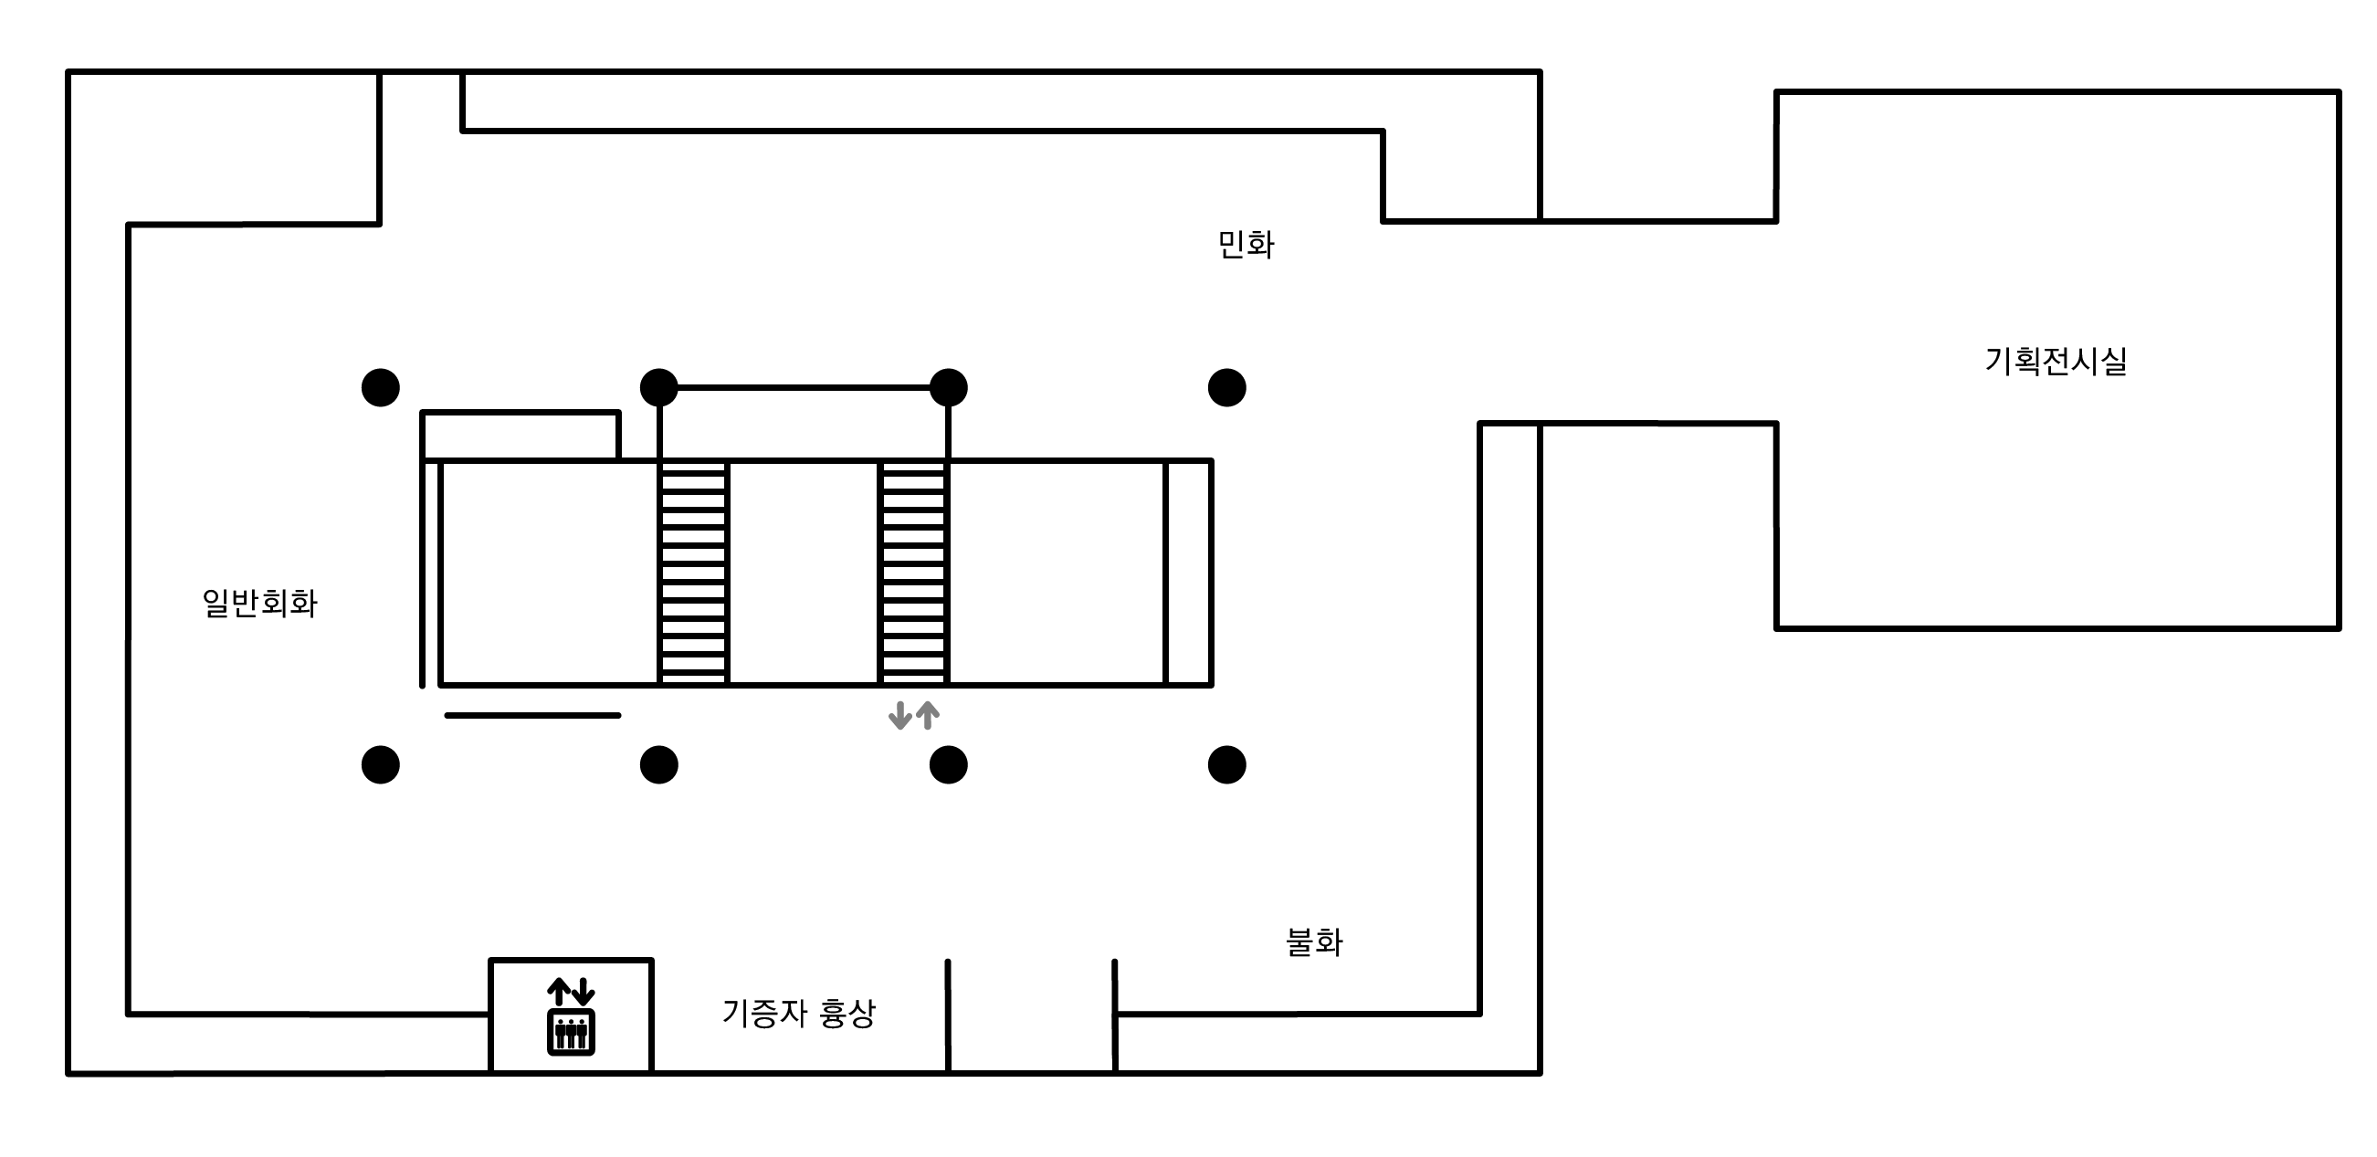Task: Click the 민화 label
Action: point(1246,246)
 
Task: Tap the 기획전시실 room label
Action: point(2056,361)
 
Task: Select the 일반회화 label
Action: point(259,604)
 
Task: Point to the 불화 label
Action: point(1314,942)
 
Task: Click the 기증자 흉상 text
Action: point(798,1014)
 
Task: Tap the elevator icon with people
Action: point(571,1032)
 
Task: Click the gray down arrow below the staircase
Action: point(899,715)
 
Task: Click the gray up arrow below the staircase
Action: point(928,715)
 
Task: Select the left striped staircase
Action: point(693,573)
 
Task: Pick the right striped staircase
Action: point(913,573)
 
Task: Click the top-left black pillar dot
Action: point(380,387)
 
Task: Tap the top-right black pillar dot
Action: point(1226,387)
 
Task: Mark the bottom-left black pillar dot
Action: point(380,765)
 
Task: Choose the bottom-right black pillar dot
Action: point(1226,765)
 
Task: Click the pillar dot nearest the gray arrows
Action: point(948,765)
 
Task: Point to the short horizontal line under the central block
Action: point(532,715)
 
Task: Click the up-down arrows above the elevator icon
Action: point(571,992)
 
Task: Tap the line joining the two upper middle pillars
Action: point(803,387)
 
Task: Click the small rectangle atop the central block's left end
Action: point(520,436)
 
